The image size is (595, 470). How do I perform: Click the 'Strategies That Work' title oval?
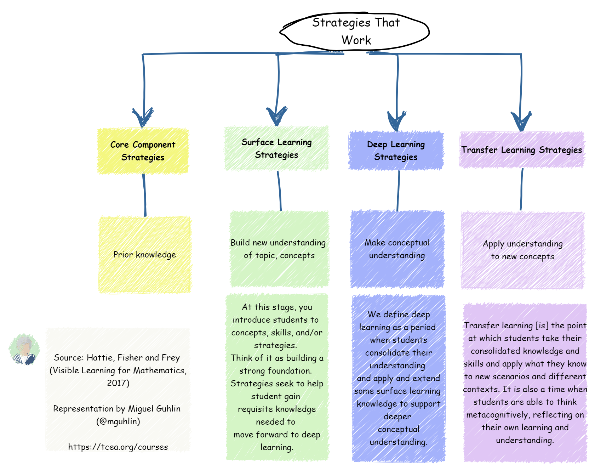[355, 32]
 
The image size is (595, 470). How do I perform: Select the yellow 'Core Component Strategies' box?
[143, 151]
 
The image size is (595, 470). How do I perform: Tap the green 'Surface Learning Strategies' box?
[276, 148]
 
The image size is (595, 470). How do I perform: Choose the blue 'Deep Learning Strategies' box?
[396, 151]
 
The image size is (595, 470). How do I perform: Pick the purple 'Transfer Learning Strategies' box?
[521, 150]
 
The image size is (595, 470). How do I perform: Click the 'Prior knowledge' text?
[144, 255]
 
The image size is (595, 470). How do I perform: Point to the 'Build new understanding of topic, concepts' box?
[279, 249]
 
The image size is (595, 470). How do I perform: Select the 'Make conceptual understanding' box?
[397, 249]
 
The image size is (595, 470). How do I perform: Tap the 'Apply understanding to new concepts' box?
[522, 250]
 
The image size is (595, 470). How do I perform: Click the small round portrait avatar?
[24, 350]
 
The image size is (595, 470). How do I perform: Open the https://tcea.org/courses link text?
[118, 447]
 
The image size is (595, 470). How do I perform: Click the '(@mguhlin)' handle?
[118, 421]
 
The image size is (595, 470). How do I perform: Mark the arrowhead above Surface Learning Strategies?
[276, 116]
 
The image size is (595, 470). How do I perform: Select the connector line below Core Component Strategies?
[144, 195]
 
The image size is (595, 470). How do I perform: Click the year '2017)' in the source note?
[118, 383]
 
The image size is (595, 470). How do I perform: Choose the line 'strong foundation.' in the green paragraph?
[275, 371]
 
